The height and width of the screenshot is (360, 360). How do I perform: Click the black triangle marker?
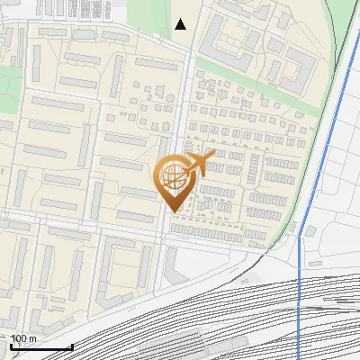click(x=181, y=24)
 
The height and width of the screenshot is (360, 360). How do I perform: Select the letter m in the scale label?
click(x=33, y=338)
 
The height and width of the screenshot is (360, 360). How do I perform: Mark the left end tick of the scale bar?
click(x=11, y=346)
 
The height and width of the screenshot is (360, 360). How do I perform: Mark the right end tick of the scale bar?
click(x=72, y=346)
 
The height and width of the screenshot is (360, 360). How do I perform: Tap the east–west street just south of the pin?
click(x=108, y=226)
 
